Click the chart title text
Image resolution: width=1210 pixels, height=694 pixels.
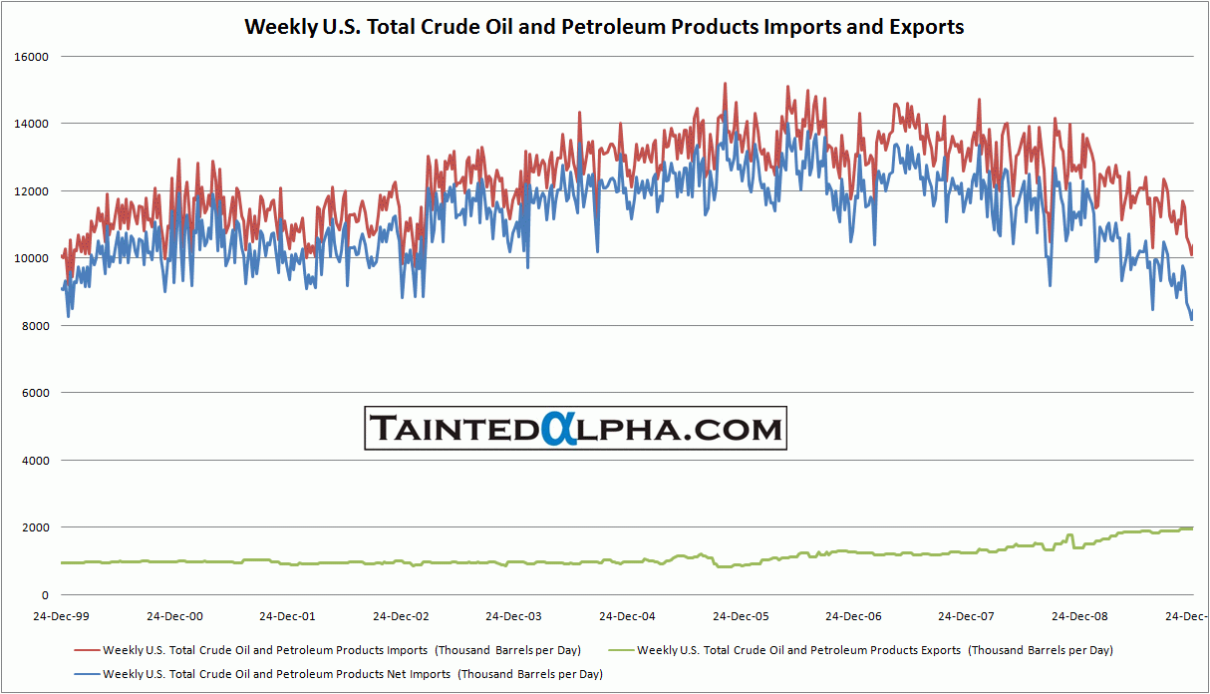click(604, 27)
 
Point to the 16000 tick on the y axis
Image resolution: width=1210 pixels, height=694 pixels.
click(32, 57)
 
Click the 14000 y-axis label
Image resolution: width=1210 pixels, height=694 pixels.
click(32, 124)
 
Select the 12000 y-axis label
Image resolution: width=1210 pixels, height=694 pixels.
click(32, 191)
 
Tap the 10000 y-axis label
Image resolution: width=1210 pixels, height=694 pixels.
click(32, 258)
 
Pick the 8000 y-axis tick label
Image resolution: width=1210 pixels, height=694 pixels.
click(35, 326)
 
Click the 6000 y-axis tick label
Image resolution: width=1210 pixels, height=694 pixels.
click(35, 393)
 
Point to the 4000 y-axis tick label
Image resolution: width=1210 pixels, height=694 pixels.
click(35, 461)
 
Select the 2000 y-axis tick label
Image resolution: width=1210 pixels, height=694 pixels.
click(35, 527)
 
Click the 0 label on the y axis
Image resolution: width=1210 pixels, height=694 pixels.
click(45, 595)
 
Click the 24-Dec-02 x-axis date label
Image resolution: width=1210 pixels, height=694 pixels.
click(402, 616)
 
